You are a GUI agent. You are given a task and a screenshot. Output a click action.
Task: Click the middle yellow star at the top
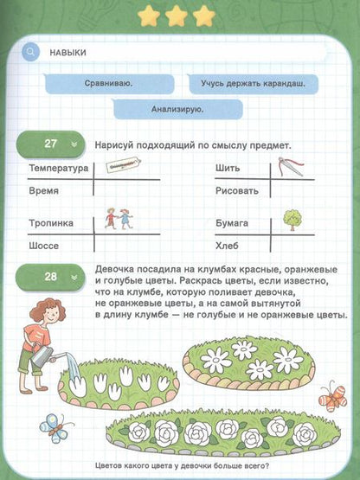[x=177, y=15]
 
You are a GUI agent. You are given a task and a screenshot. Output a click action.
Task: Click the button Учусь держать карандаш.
[x=253, y=84]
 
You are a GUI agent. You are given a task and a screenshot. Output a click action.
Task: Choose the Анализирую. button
[x=177, y=109]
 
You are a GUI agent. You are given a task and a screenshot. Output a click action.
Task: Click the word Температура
[x=58, y=168]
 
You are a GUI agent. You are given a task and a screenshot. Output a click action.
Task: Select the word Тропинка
[x=50, y=223]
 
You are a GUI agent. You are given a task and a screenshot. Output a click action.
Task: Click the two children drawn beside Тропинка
[x=119, y=218]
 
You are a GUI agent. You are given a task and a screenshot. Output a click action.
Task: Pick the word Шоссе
[x=43, y=246]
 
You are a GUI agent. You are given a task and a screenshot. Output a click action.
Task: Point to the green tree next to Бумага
[x=292, y=220]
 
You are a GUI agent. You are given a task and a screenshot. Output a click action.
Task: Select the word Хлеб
[x=228, y=246]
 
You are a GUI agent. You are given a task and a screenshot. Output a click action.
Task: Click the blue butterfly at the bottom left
[x=55, y=426]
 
